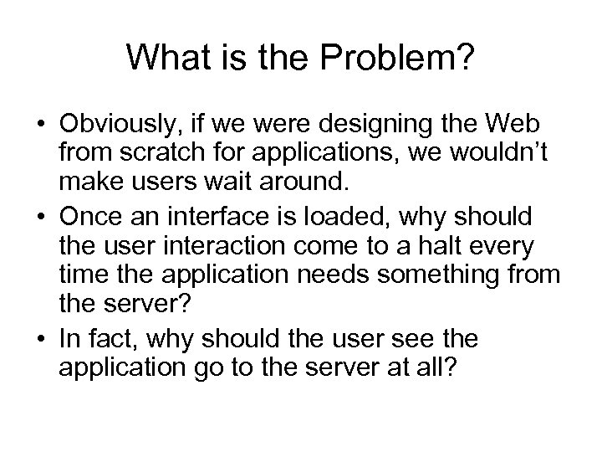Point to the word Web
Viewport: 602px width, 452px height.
point(516,125)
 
